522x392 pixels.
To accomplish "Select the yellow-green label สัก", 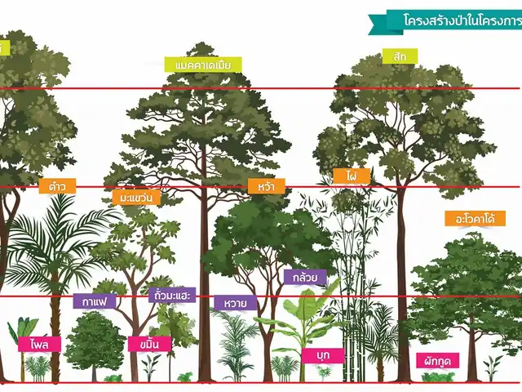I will (400, 56).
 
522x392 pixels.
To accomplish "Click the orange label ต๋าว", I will (57, 186).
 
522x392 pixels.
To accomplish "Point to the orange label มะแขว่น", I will (135, 198).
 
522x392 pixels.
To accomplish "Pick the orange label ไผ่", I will (352, 176).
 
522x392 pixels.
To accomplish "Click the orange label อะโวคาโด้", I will (470, 219).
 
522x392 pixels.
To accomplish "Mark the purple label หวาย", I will (236, 302).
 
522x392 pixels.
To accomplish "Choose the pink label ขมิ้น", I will (149, 344).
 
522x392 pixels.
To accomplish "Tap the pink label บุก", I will (322, 355).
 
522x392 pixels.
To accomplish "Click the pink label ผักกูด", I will (438, 359).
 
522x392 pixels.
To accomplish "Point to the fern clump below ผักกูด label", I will (438, 376).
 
